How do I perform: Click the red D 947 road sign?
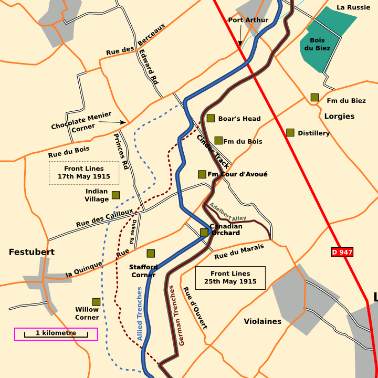[342, 253]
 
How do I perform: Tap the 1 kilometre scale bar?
[56, 334]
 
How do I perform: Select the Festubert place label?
[31, 252]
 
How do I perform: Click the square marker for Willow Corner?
[97, 302]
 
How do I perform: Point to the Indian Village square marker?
[115, 195]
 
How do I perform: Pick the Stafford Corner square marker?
[151, 253]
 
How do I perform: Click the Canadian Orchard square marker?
[204, 232]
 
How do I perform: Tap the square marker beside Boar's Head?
[211, 118]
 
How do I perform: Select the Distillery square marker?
[290, 132]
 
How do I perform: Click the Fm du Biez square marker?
[314, 97]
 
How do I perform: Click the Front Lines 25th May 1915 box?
[230, 277]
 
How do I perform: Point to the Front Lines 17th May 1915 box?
[84, 173]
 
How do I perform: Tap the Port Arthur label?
[248, 20]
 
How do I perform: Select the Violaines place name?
[262, 321]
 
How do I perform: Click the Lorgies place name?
[339, 116]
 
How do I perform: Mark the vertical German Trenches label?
[176, 315]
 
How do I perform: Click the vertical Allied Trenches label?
[140, 313]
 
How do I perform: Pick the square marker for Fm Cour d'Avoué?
[202, 174]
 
